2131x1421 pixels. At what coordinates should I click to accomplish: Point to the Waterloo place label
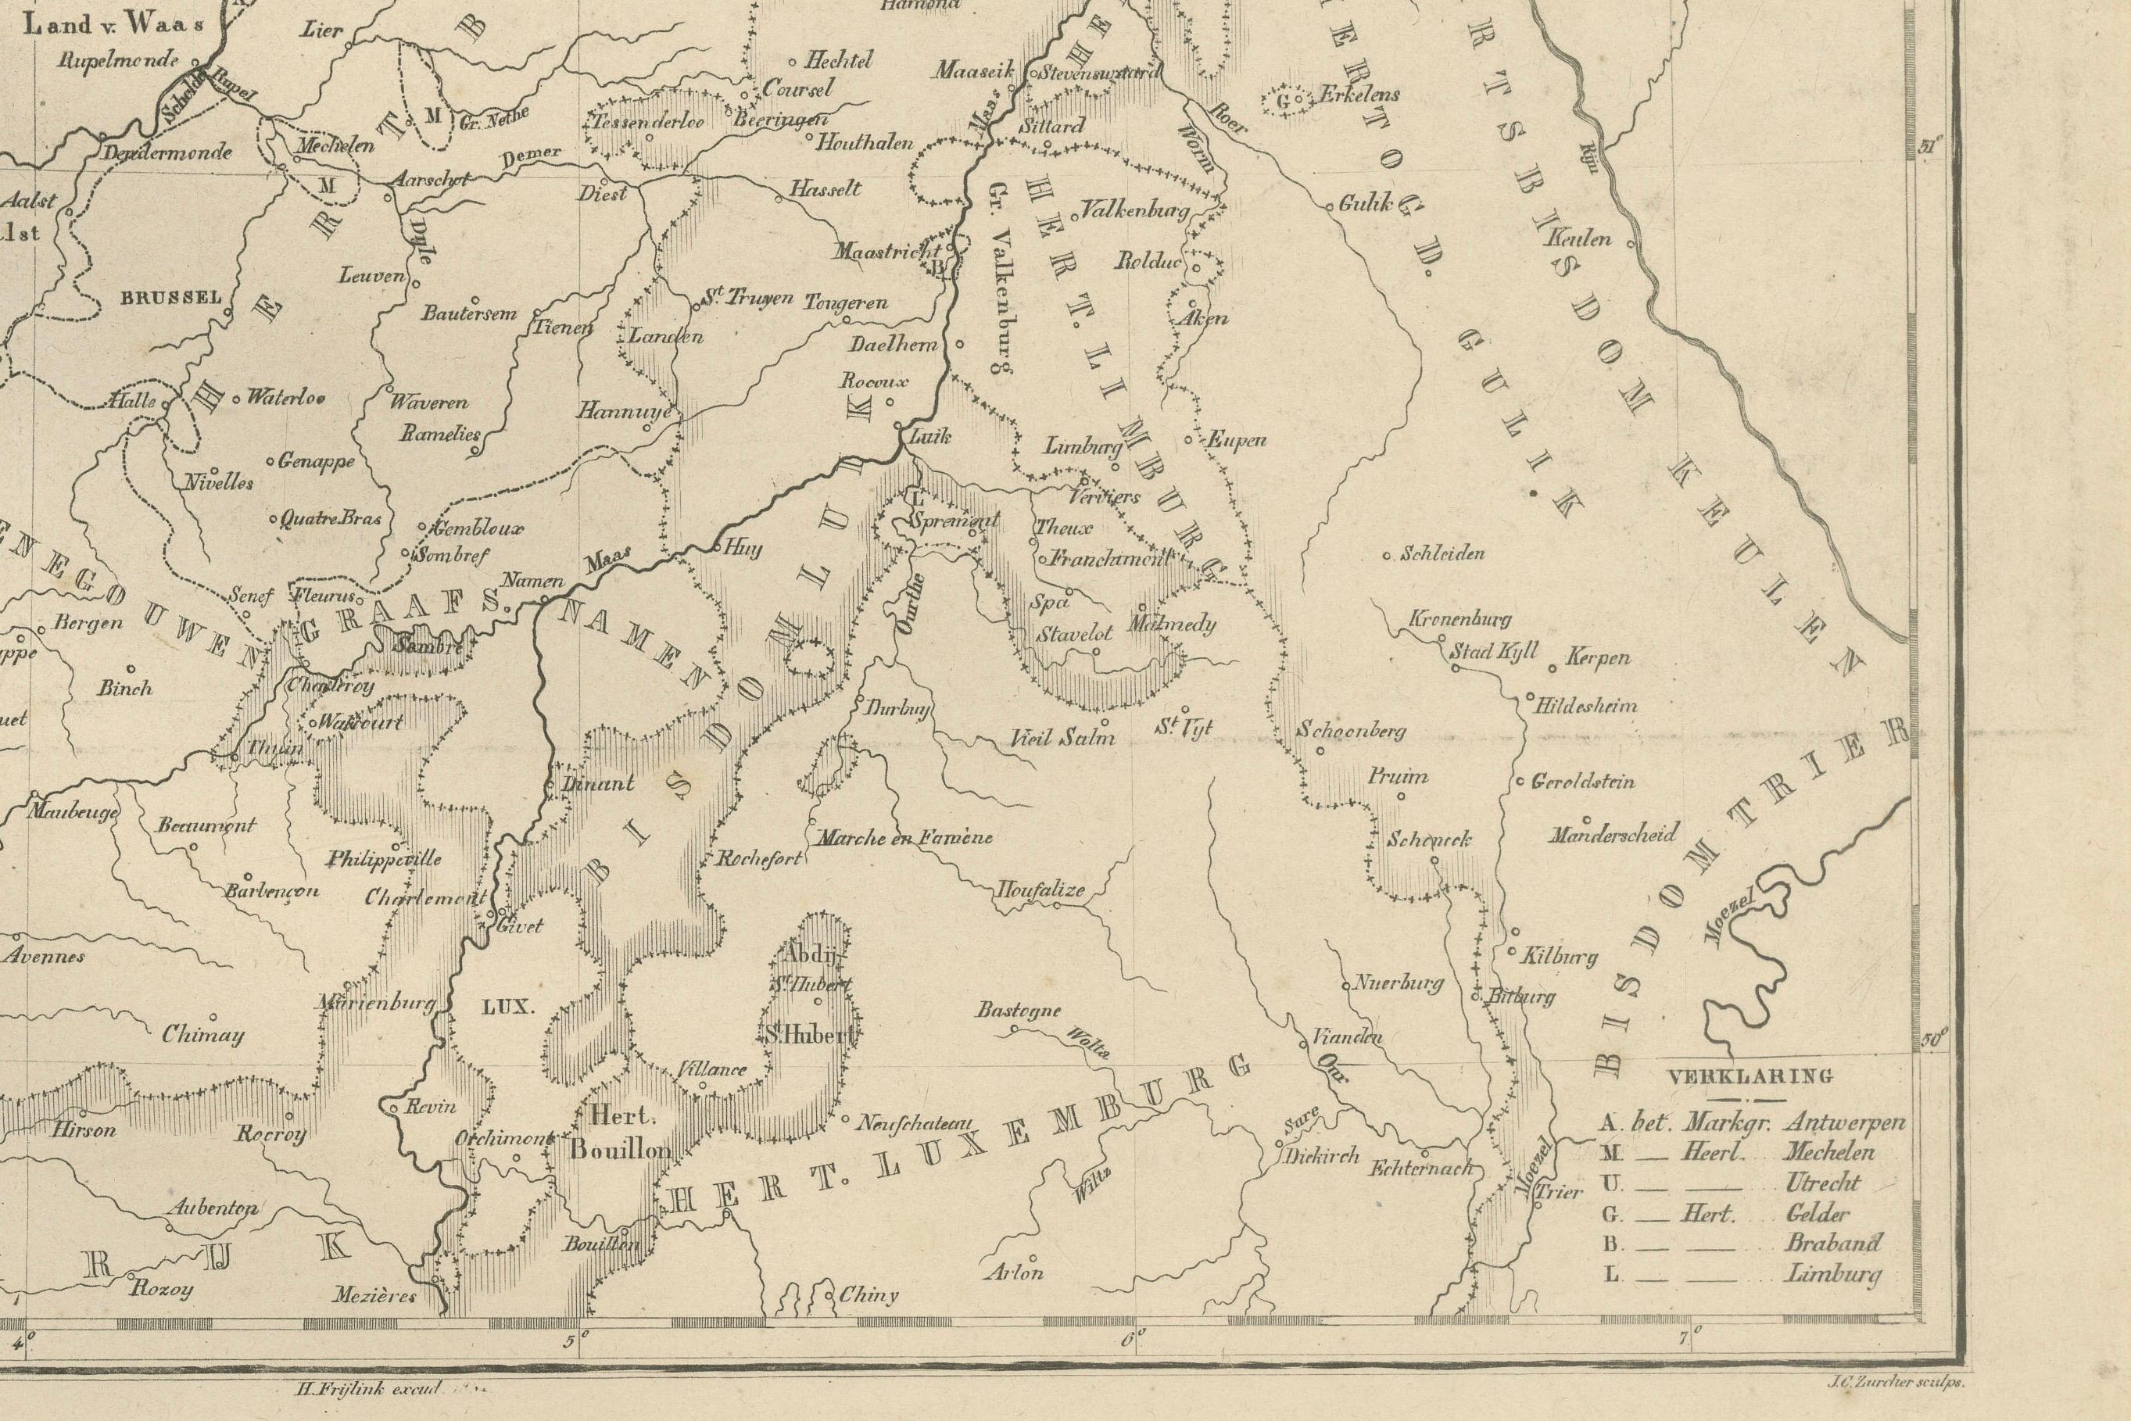[x=285, y=397]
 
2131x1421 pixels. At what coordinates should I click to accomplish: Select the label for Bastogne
[x=1017, y=1011]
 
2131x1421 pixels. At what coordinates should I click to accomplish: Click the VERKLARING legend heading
[x=1750, y=1078]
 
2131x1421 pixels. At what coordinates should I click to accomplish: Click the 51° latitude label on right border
[x=1932, y=146]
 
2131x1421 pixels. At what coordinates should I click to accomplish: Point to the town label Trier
[x=1559, y=1193]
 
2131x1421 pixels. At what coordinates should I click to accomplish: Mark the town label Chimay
[x=202, y=1035]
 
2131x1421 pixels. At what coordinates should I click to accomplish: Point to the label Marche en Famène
[x=904, y=838]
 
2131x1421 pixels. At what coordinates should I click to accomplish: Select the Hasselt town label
[x=824, y=189]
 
